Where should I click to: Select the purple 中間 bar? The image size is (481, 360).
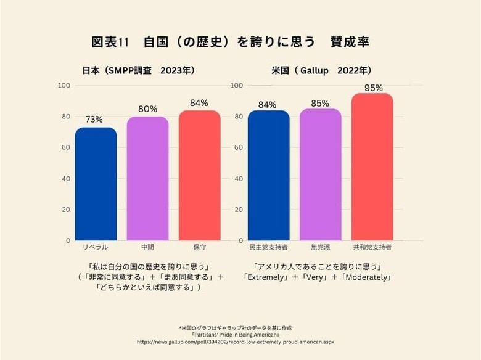147,178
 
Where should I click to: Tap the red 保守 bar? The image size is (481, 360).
199,175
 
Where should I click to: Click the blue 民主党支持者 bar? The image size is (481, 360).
268,175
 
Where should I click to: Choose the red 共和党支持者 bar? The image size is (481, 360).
372,166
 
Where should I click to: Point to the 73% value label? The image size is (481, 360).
94,120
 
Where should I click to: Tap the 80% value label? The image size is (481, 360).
147,108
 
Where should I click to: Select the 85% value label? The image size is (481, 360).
320,104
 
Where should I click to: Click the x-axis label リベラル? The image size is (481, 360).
96,247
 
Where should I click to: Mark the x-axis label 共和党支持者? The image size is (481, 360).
372,247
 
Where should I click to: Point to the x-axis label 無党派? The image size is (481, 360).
320,247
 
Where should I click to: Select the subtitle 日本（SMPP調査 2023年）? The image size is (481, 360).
139,70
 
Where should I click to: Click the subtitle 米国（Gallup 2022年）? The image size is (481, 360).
321,70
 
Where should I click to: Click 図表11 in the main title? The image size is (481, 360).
110,43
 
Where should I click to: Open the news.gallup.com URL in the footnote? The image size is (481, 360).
240,341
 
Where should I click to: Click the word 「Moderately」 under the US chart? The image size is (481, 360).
366,277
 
